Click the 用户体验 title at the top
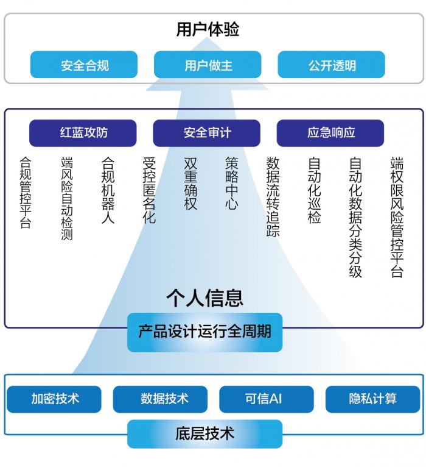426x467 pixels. pyautogui.click(x=208, y=29)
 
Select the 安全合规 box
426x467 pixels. pyautogui.click(x=84, y=65)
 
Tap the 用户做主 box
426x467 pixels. pyautogui.click(x=208, y=65)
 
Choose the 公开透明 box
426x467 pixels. pyautogui.click(x=331, y=65)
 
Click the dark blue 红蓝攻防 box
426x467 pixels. pyautogui.click(x=83, y=133)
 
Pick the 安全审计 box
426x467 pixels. pyautogui.click(x=206, y=133)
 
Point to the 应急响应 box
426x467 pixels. pyautogui.click(x=330, y=133)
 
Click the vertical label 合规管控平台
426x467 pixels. pyautogui.click(x=26, y=193)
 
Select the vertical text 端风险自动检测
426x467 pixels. pyautogui.click(x=67, y=198)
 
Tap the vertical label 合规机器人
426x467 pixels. pyautogui.click(x=108, y=190)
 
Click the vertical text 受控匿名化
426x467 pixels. pyautogui.click(x=149, y=190)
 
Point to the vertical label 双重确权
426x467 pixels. pyautogui.click(x=190, y=184)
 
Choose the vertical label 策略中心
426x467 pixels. pyautogui.click(x=232, y=184)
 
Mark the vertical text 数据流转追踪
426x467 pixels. pyautogui.click(x=273, y=197)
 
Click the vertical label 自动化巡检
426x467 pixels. pyautogui.click(x=314, y=190)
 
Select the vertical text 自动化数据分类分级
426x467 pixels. pyautogui.click(x=355, y=218)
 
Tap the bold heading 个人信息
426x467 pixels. pyautogui.click(x=205, y=298)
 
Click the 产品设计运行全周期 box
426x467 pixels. pyautogui.click(x=205, y=332)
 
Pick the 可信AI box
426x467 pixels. pyautogui.click(x=267, y=399)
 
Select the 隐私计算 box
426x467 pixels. pyautogui.click(x=372, y=399)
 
